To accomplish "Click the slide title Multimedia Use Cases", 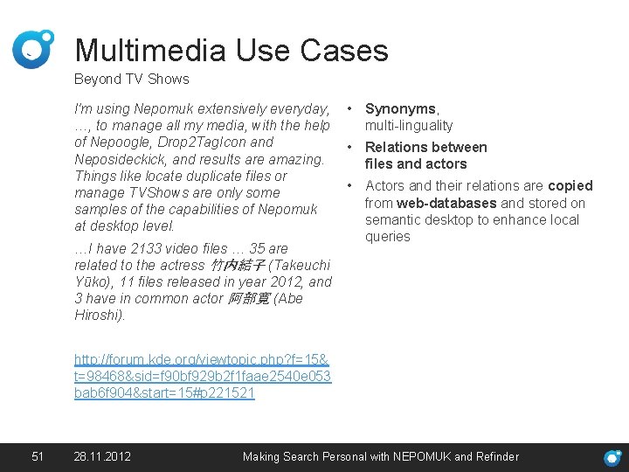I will click(232, 50).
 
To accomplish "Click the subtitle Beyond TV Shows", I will click(131, 79).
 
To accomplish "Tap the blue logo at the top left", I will click(33, 49).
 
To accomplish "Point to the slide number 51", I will click(37, 456).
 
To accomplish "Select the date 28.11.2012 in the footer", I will click(103, 456).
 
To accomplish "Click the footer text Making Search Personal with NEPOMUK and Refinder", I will click(380, 456).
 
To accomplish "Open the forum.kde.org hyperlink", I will click(202, 376).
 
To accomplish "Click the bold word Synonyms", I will click(400, 109).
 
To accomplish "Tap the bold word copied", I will click(570, 185).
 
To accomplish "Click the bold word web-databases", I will click(446, 203).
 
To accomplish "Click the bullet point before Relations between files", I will click(349, 147).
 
